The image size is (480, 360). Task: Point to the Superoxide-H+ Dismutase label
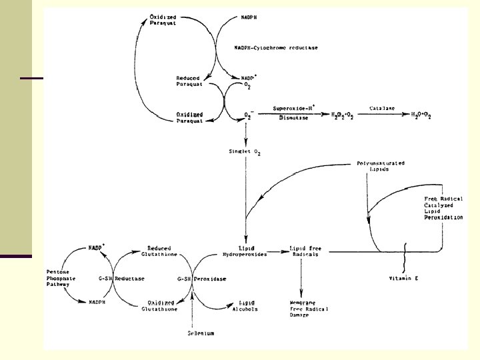(x=295, y=112)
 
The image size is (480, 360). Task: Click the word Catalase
(x=379, y=107)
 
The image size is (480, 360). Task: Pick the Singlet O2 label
(x=246, y=153)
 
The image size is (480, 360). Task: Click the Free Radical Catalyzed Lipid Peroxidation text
(x=443, y=208)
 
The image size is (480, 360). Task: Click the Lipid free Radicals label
(x=305, y=251)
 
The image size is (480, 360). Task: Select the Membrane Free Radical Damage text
(x=311, y=308)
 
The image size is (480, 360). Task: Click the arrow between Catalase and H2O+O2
(x=379, y=115)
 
